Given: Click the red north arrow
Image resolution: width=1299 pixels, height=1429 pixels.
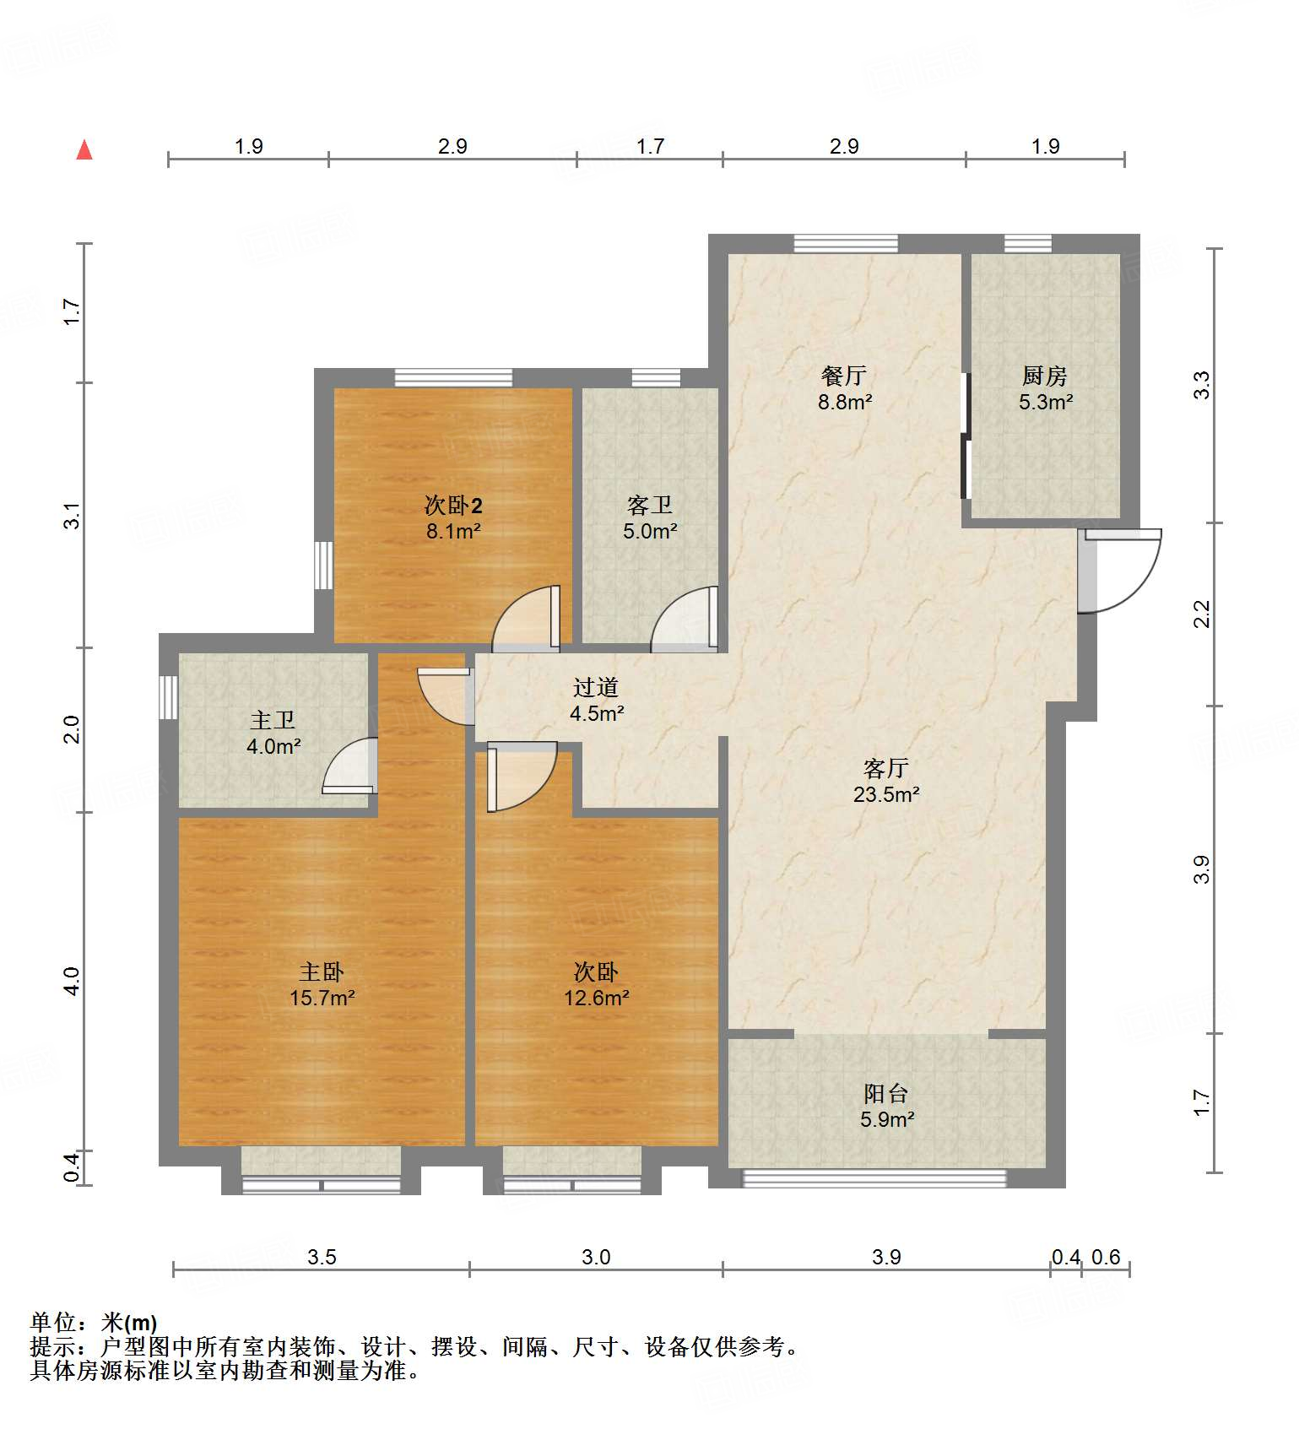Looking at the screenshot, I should tap(84, 150).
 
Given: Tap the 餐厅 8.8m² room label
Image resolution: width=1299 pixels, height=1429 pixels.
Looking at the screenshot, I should tap(844, 388).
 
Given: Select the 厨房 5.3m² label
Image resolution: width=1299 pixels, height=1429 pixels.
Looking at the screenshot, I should tap(1045, 388).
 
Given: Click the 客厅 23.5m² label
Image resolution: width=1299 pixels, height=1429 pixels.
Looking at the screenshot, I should tap(885, 781).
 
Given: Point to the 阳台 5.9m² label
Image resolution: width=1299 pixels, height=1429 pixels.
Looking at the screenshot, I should tap(886, 1106).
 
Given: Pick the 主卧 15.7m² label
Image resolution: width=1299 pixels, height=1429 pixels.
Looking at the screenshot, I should tap(322, 985).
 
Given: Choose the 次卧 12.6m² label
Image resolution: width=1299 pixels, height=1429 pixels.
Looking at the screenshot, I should tap(596, 985).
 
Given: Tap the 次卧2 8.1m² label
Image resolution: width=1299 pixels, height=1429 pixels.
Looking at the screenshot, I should tap(453, 518).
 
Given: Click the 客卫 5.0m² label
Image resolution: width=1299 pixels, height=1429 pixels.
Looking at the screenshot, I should tap(650, 518).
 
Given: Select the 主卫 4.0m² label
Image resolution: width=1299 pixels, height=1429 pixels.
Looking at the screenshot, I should tap(273, 733).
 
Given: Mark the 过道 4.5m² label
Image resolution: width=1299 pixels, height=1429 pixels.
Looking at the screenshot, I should tap(596, 701).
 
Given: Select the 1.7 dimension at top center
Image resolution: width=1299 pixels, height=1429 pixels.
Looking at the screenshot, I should tap(650, 146).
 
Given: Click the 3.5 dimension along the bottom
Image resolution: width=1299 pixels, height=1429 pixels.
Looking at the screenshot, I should tap(322, 1257).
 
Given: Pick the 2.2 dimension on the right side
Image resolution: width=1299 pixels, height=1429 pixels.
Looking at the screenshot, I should tap(1202, 614).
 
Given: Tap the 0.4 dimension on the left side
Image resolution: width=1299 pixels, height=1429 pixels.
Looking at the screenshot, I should tap(73, 1166).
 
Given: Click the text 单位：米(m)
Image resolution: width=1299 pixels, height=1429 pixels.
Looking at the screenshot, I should tap(94, 1323).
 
